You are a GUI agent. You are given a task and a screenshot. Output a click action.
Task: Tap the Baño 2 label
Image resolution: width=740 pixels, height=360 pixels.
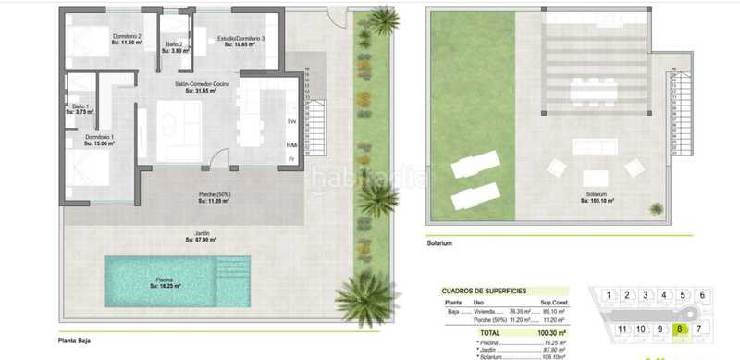[175, 43]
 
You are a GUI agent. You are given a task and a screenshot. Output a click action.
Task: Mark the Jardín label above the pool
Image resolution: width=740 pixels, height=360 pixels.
[201, 235]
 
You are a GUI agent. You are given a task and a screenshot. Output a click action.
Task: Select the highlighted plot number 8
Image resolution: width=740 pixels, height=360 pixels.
[680, 328]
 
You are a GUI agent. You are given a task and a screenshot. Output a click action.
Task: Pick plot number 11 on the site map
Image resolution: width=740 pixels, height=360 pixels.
[623, 329]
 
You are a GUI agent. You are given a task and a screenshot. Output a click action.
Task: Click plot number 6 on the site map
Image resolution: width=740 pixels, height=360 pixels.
[702, 295]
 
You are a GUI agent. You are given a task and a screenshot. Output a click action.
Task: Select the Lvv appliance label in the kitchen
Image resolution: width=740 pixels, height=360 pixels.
[290, 121]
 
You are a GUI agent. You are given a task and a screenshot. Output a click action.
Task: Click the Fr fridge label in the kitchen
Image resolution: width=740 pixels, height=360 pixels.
[290, 158]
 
